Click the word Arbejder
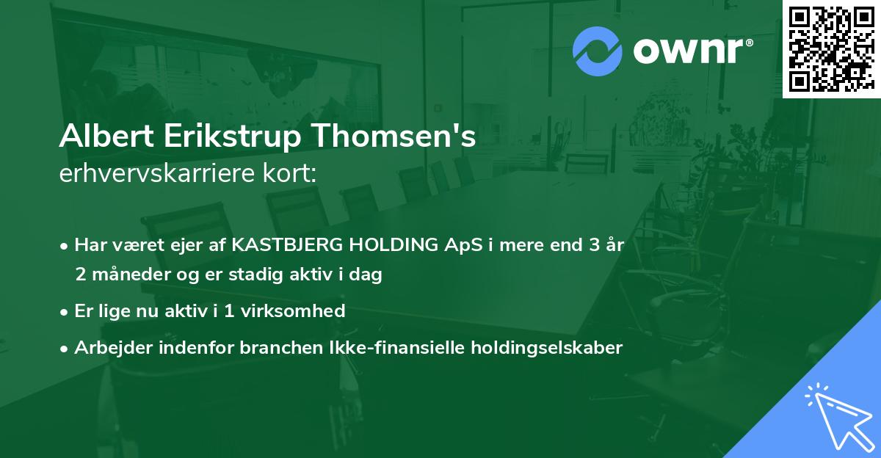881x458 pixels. (108, 347)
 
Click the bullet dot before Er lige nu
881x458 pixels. (65, 312)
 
